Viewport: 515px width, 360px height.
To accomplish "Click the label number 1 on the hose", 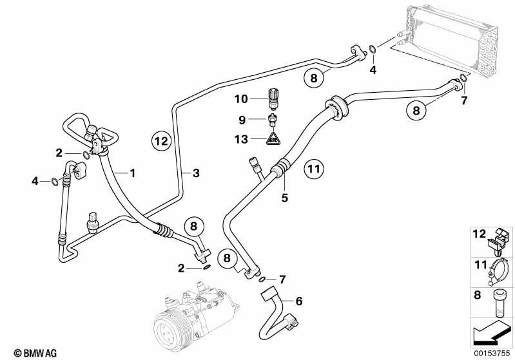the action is pyautogui.click(x=132, y=173).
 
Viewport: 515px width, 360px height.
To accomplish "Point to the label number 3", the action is pyautogui.click(x=196, y=173).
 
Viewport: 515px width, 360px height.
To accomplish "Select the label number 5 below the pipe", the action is pyautogui.click(x=284, y=198).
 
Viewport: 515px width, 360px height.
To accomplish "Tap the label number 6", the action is pyautogui.click(x=299, y=301).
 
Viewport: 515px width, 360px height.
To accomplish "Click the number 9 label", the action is pyautogui.click(x=242, y=120).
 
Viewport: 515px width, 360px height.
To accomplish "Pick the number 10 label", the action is pyautogui.click(x=241, y=99).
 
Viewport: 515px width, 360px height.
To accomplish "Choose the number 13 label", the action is pyautogui.click(x=241, y=139).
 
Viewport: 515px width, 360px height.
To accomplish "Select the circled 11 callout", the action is pyautogui.click(x=314, y=169).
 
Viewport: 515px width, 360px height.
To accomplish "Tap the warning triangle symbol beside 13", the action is pyautogui.click(x=273, y=138).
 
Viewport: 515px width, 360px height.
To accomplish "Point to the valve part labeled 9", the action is pyautogui.click(x=273, y=120).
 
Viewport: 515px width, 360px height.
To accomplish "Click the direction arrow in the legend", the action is pyautogui.click(x=492, y=332).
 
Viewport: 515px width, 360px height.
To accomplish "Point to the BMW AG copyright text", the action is pyautogui.click(x=35, y=353).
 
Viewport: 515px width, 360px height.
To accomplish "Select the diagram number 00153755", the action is pyautogui.click(x=492, y=353).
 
